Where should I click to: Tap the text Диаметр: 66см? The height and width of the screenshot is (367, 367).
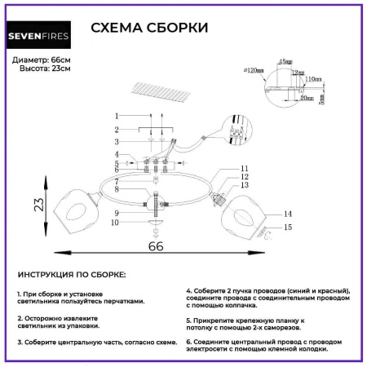[42, 61]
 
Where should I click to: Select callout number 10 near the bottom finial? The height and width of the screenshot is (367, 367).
[115, 222]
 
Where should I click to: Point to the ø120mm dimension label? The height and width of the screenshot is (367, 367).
[256, 71]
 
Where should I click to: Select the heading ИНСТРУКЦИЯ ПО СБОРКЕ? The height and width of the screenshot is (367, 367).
[71, 275]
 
